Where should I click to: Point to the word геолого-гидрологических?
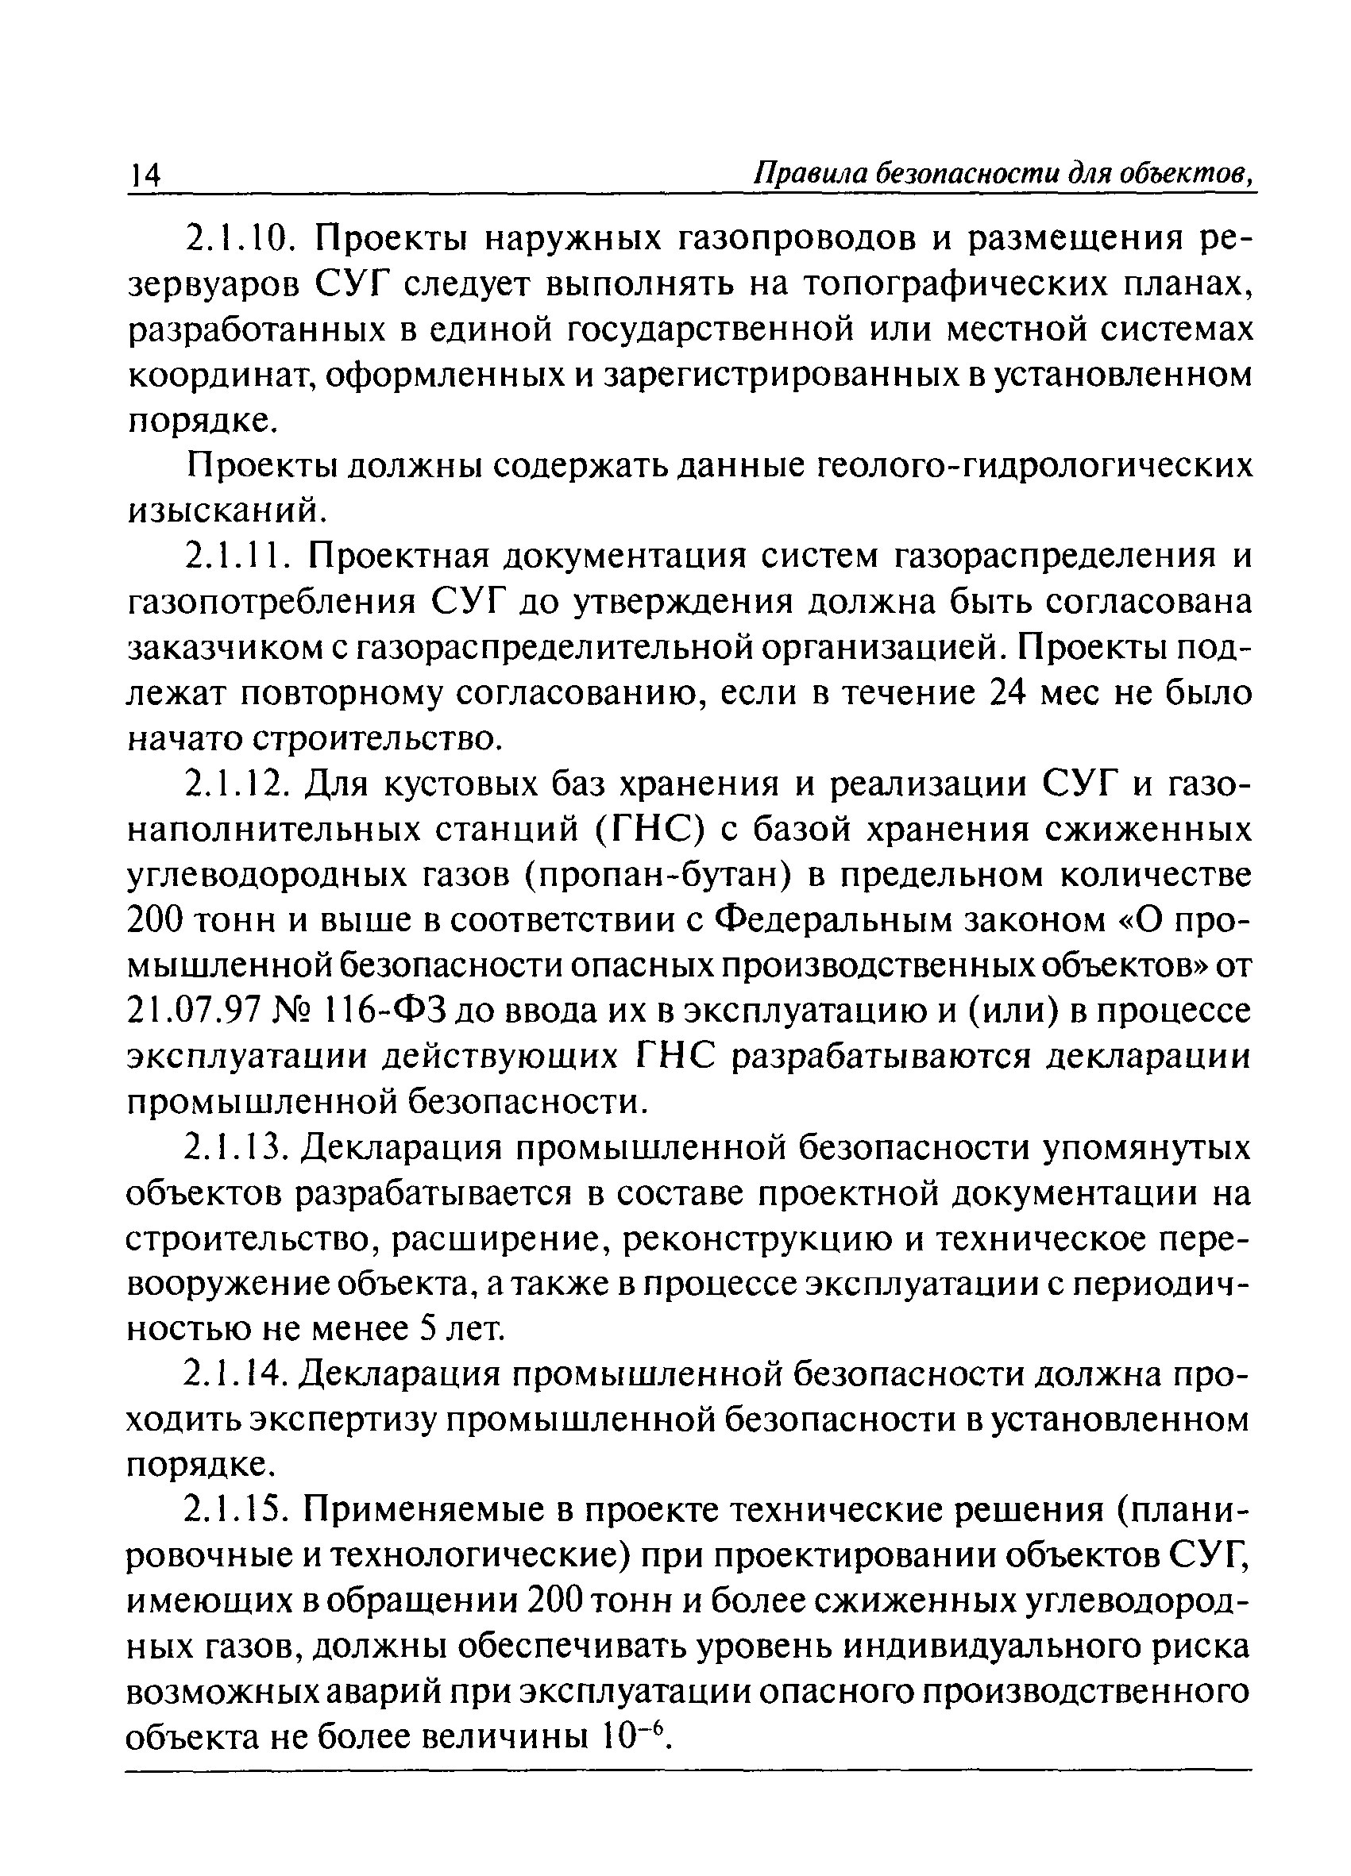[1034, 467]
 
